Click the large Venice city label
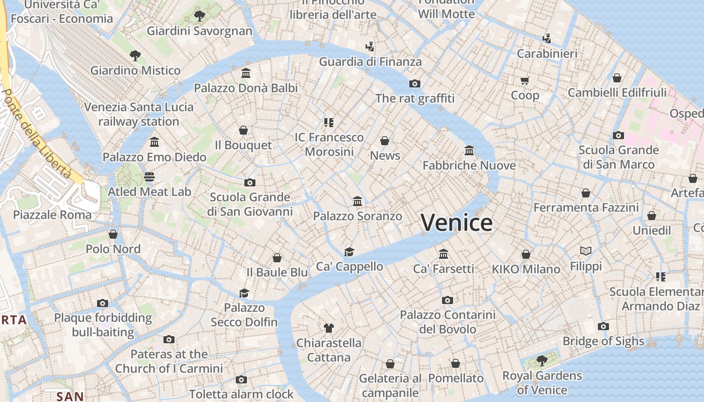pos(457,223)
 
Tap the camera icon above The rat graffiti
pos(415,83)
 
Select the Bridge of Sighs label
pos(603,341)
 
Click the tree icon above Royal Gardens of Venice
pos(542,360)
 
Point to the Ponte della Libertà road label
pos(36,133)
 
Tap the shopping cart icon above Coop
pos(525,80)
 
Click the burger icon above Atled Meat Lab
pos(149,176)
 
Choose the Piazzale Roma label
pos(52,215)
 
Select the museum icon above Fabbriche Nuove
pos(469,150)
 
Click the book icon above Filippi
pos(586,251)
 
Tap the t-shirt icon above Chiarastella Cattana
pos(329,328)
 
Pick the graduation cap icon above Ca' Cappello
pos(349,252)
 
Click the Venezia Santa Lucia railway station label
pos(139,114)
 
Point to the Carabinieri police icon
pos(547,38)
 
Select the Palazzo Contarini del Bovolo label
pos(448,322)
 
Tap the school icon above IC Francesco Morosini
pos(329,122)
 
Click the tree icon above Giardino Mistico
pos(135,55)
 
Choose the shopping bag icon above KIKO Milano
pos(526,254)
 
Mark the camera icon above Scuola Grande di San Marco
pos(619,135)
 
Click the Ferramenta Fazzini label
pos(586,208)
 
